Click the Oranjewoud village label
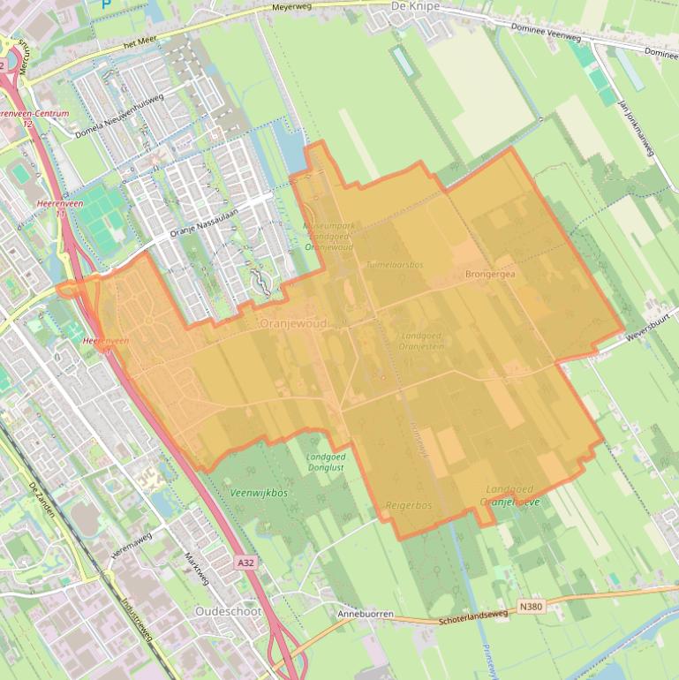click(293, 324)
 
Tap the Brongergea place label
click(489, 275)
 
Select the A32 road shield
click(247, 562)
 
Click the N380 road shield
click(530, 607)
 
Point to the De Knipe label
click(414, 5)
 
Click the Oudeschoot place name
click(226, 611)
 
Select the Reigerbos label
click(409, 505)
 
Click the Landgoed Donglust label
click(326, 462)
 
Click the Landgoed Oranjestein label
click(421, 342)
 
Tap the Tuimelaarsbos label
click(395, 263)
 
